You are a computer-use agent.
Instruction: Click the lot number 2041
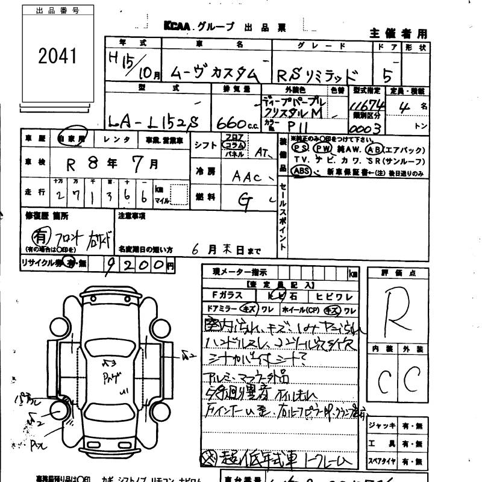[58, 56]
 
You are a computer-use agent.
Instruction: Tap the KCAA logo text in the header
[177, 27]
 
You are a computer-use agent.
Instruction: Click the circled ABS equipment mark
[299, 171]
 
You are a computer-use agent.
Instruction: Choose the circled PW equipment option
[323, 147]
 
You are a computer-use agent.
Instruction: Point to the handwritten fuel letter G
[244, 203]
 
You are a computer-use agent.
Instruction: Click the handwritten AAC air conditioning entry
[246, 177]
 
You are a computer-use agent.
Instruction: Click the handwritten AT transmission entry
[261, 153]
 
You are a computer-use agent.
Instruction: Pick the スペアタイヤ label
[380, 462]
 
